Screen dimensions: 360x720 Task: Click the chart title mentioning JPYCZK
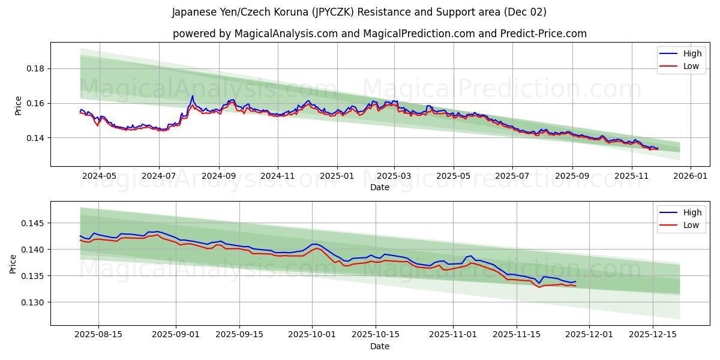click(x=359, y=12)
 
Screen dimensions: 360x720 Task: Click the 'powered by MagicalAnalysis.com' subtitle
click(x=379, y=34)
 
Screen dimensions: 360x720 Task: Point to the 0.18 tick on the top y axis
click(x=36, y=68)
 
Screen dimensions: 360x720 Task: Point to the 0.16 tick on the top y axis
click(x=36, y=103)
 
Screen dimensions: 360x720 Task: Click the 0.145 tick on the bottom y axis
click(x=34, y=223)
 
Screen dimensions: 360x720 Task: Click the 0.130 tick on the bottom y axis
click(x=34, y=302)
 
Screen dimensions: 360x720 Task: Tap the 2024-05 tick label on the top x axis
click(x=99, y=176)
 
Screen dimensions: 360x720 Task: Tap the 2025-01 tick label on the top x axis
click(x=337, y=176)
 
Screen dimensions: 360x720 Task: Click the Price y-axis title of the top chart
click(x=18, y=106)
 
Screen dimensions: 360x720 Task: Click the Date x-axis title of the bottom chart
click(x=379, y=346)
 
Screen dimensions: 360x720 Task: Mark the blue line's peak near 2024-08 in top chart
click(x=193, y=96)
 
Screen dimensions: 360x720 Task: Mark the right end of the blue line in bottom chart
click(x=575, y=281)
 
